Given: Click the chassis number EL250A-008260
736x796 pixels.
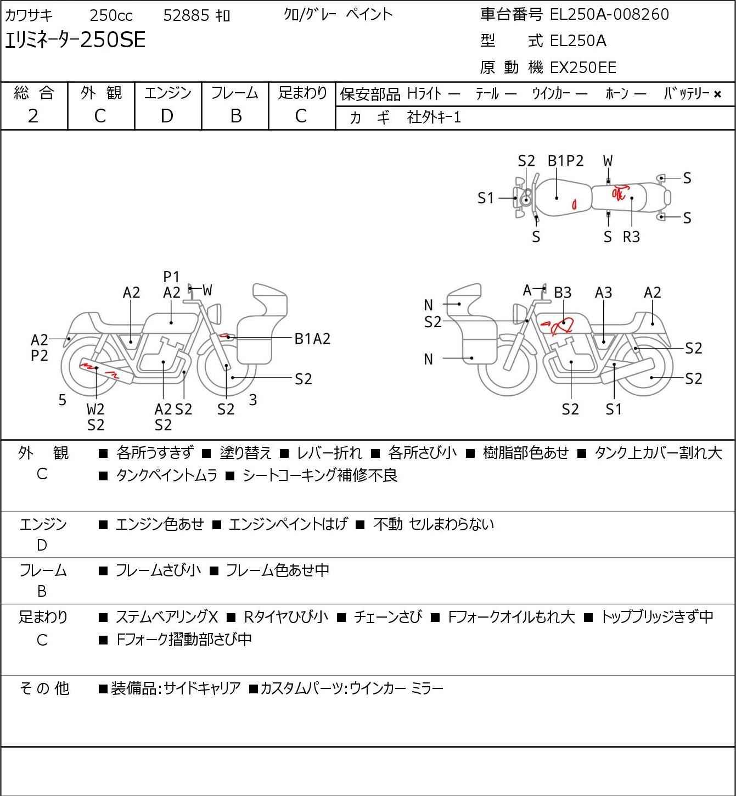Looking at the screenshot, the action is tap(609, 14).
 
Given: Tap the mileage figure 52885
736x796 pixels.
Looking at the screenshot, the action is tap(186, 15).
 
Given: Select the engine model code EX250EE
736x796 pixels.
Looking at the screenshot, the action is tap(583, 68).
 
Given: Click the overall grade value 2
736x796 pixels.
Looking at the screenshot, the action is tap(33, 116).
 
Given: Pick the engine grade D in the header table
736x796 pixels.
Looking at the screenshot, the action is tap(167, 116).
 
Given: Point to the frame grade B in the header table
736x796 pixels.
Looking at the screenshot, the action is tap(235, 116).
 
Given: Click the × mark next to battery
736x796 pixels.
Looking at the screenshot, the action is tap(717, 94).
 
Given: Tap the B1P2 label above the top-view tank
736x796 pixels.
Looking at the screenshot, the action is tap(565, 161).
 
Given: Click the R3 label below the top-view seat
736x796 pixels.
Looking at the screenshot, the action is tap(631, 237).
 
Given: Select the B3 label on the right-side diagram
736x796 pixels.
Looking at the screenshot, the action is tap(563, 293).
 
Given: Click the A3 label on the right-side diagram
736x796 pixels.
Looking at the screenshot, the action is tap(603, 293).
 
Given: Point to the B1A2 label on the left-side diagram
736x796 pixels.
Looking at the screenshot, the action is tap(312, 339).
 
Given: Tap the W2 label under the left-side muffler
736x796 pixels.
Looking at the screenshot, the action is tap(95, 409).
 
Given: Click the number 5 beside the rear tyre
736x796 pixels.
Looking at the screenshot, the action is tap(62, 400).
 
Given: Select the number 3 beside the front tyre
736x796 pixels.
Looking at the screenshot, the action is tap(252, 400).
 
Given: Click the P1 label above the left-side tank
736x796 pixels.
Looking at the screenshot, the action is tap(171, 277).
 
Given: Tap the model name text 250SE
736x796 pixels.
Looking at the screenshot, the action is tap(113, 40).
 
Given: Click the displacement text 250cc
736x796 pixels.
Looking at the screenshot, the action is tap(111, 15).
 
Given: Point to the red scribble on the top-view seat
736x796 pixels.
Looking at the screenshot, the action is tap(620, 192).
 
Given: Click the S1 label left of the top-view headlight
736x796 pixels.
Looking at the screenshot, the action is tap(486, 198).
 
